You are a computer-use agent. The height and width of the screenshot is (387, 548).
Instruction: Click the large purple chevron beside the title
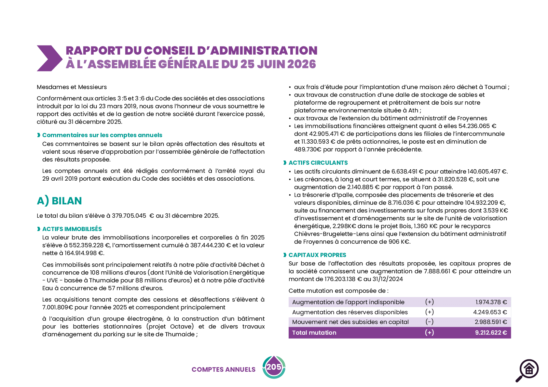coord(50,58)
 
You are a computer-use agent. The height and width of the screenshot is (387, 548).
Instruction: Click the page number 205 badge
coord(274,367)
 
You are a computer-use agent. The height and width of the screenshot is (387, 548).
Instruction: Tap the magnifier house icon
coord(527,370)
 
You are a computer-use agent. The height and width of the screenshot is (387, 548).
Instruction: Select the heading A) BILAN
coord(59,201)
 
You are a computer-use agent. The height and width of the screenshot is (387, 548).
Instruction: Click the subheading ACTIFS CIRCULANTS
coord(318,163)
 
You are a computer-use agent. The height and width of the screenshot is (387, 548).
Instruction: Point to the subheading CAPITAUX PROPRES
coord(317,255)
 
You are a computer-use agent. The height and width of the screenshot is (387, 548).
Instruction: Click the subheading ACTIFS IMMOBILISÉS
coord(72,229)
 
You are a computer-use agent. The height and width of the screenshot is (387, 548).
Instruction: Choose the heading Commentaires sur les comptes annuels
coord(102,135)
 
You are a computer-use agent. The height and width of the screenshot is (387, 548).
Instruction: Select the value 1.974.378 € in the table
coord(491,302)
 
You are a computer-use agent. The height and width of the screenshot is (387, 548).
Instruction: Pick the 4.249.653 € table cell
coord(490,312)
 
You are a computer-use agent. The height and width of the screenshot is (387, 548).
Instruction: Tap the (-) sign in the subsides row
coord(429,322)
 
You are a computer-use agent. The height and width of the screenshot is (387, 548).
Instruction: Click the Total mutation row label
coord(314,333)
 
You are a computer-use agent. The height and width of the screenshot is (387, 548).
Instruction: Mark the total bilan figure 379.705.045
coord(129,216)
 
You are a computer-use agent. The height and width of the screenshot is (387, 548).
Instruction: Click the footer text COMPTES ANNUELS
coord(223,369)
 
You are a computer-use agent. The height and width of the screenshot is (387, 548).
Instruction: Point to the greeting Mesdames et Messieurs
coord(72,87)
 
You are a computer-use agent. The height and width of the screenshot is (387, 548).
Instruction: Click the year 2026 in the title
coord(302,64)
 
